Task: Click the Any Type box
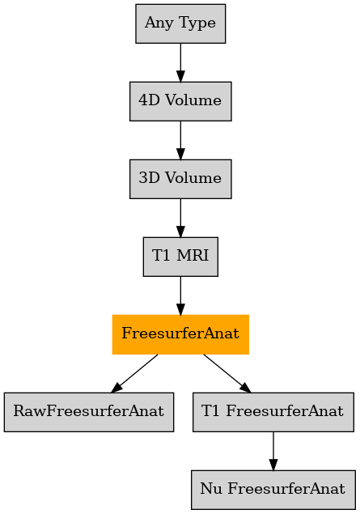coord(180,23)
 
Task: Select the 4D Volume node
coord(180,101)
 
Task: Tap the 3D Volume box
coord(180,179)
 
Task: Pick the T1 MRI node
coord(180,257)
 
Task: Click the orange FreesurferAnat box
coord(180,334)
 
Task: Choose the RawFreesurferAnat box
coord(89,412)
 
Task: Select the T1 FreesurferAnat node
coord(273,412)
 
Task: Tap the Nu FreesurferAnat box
coord(273,490)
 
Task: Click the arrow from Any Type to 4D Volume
coord(180,62)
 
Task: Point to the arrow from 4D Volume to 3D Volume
coord(180,140)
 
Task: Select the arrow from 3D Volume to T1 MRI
coord(180,218)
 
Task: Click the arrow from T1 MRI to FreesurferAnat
coord(180,295)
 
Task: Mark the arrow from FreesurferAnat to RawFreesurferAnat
coord(134,373)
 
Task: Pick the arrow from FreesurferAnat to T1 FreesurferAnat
coord(227,373)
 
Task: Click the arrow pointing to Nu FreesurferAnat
coord(273,451)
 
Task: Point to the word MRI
coord(193,256)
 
